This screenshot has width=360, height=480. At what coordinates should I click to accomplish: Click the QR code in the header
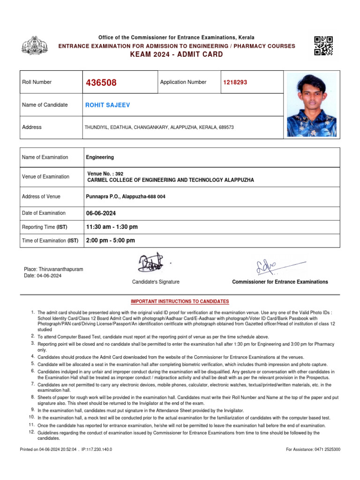(x=323, y=45)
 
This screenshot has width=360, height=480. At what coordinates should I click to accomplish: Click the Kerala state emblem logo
(x=35, y=45)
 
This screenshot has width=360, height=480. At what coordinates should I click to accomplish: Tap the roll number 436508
(x=101, y=83)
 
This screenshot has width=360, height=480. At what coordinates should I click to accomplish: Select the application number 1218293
(x=235, y=82)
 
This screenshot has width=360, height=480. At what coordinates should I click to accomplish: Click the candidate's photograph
(x=311, y=105)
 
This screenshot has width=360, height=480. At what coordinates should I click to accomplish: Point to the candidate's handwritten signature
(x=150, y=263)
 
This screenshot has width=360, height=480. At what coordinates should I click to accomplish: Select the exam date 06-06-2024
(x=101, y=213)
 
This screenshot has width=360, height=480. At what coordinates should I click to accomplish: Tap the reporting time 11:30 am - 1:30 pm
(x=112, y=227)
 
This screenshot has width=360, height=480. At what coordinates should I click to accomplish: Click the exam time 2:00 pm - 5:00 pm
(x=111, y=240)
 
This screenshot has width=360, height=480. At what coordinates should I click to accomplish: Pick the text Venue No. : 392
(x=105, y=173)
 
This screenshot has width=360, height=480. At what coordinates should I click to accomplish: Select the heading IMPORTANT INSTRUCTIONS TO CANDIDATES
(x=180, y=301)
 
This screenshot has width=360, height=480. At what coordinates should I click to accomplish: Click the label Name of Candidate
(x=45, y=105)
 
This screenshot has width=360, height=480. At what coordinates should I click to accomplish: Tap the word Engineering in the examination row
(x=100, y=157)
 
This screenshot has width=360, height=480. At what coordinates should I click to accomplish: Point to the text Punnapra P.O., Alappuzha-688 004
(x=126, y=197)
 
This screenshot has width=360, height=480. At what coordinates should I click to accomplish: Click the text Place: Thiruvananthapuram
(x=53, y=270)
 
